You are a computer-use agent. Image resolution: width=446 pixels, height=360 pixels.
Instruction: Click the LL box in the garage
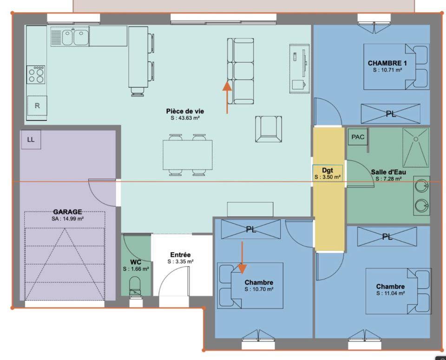pyautogui.click(x=31, y=139)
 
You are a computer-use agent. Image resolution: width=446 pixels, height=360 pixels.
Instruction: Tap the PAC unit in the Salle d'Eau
pyautogui.click(x=358, y=137)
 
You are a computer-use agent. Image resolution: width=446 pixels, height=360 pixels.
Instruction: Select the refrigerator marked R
pyautogui.click(x=37, y=106)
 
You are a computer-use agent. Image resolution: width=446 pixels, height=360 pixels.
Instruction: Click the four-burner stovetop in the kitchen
pyautogui.click(x=36, y=75)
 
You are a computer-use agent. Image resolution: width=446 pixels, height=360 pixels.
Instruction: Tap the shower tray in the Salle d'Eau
pyautogui.click(x=415, y=148)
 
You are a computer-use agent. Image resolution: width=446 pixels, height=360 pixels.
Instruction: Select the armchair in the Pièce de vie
pyautogui.click(x=269, y=129)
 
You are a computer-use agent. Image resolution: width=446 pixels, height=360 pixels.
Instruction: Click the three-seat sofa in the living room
pyautogui.click(x=240, y=71)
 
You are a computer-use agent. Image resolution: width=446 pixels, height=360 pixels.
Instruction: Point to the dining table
pyautogui.click(x=188, y=155)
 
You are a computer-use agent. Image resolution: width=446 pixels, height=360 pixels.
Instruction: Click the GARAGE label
pyautogui.click(x=68, y=212)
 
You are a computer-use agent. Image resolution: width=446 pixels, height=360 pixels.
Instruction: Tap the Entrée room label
pyautogui.click(x=180, y=255)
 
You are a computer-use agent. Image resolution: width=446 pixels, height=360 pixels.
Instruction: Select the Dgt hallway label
pyautogui.click(x=328, y=170)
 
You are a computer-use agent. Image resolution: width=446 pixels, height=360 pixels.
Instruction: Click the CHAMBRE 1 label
pyautogui.click(x=387, y=63)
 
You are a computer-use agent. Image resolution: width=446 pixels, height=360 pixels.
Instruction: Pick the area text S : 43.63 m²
pyautogui.click(x=185, y=118)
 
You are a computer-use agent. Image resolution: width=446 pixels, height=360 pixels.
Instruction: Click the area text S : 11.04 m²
pyautogui.click(x=390, y=293)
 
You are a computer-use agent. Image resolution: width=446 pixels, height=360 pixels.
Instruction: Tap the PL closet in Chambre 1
pyautogui.click(x=391, y=114)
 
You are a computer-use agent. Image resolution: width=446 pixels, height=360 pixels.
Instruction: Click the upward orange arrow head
pyautogui.click(x=227, y=85)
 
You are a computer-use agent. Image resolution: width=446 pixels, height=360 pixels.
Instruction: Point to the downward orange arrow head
pyautogui.click(x=242, y=268)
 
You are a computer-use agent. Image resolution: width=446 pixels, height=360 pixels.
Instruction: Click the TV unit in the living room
pyautogui.click(x=300, y=69)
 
